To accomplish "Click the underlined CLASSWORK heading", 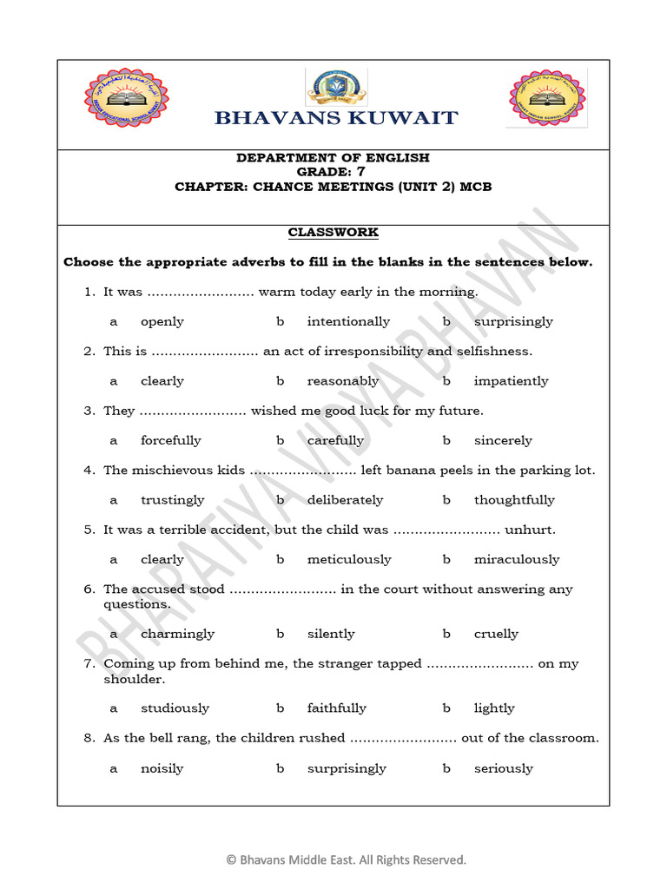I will click(x=333, y=233).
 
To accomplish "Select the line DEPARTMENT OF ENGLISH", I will click(x=333, y=158).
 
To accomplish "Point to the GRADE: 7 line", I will click(x=333, y=172).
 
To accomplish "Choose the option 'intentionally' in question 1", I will click(x=348, y=321).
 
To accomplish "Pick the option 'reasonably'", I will click(x=343, y=381).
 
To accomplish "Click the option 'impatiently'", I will click(x=511, y=381).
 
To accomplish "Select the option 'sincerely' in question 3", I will click(x=503, y=440).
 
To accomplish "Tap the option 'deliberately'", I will click(x=345, y=500).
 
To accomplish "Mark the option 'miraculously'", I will click(x=517, y=560).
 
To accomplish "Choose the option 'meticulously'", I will click(x=349, y=560).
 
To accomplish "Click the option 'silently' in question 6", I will click(x=331, y=634).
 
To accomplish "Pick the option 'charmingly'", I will click(x=177, y=634).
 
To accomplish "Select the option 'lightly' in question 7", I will click(x=494, y=708).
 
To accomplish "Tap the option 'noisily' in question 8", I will click(x=162, y=768).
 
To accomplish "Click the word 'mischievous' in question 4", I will click(x=172, y=471).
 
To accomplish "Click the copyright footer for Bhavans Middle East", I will click(x=347, y=859).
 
